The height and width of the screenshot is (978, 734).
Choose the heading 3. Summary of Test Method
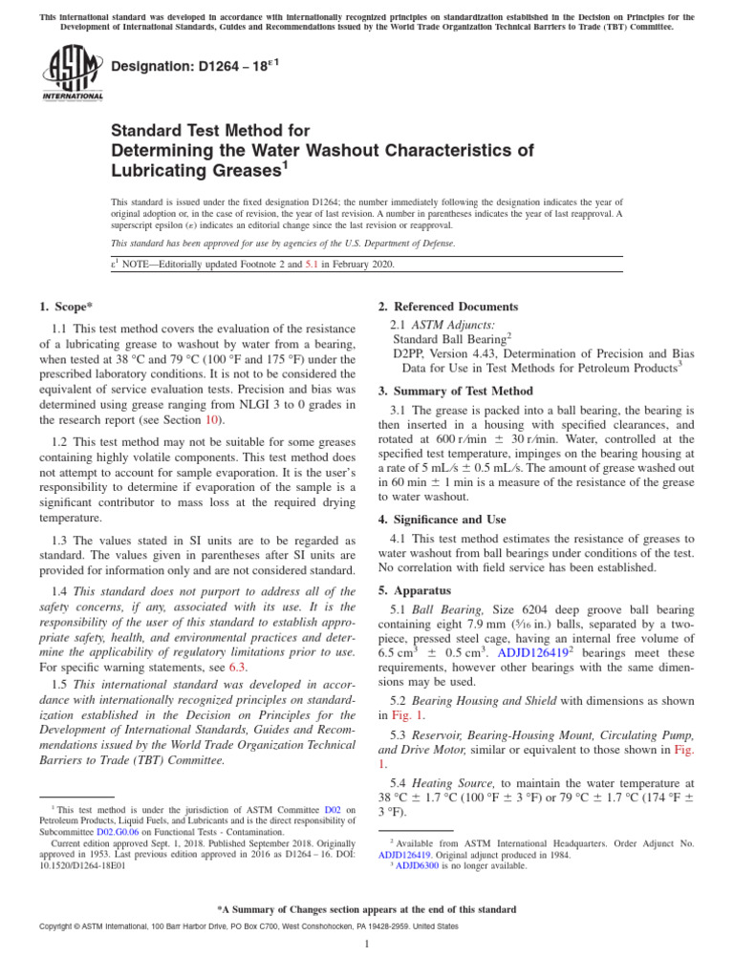[x=455, y=391]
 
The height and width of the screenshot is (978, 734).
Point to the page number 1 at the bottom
[x=367, y=944]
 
